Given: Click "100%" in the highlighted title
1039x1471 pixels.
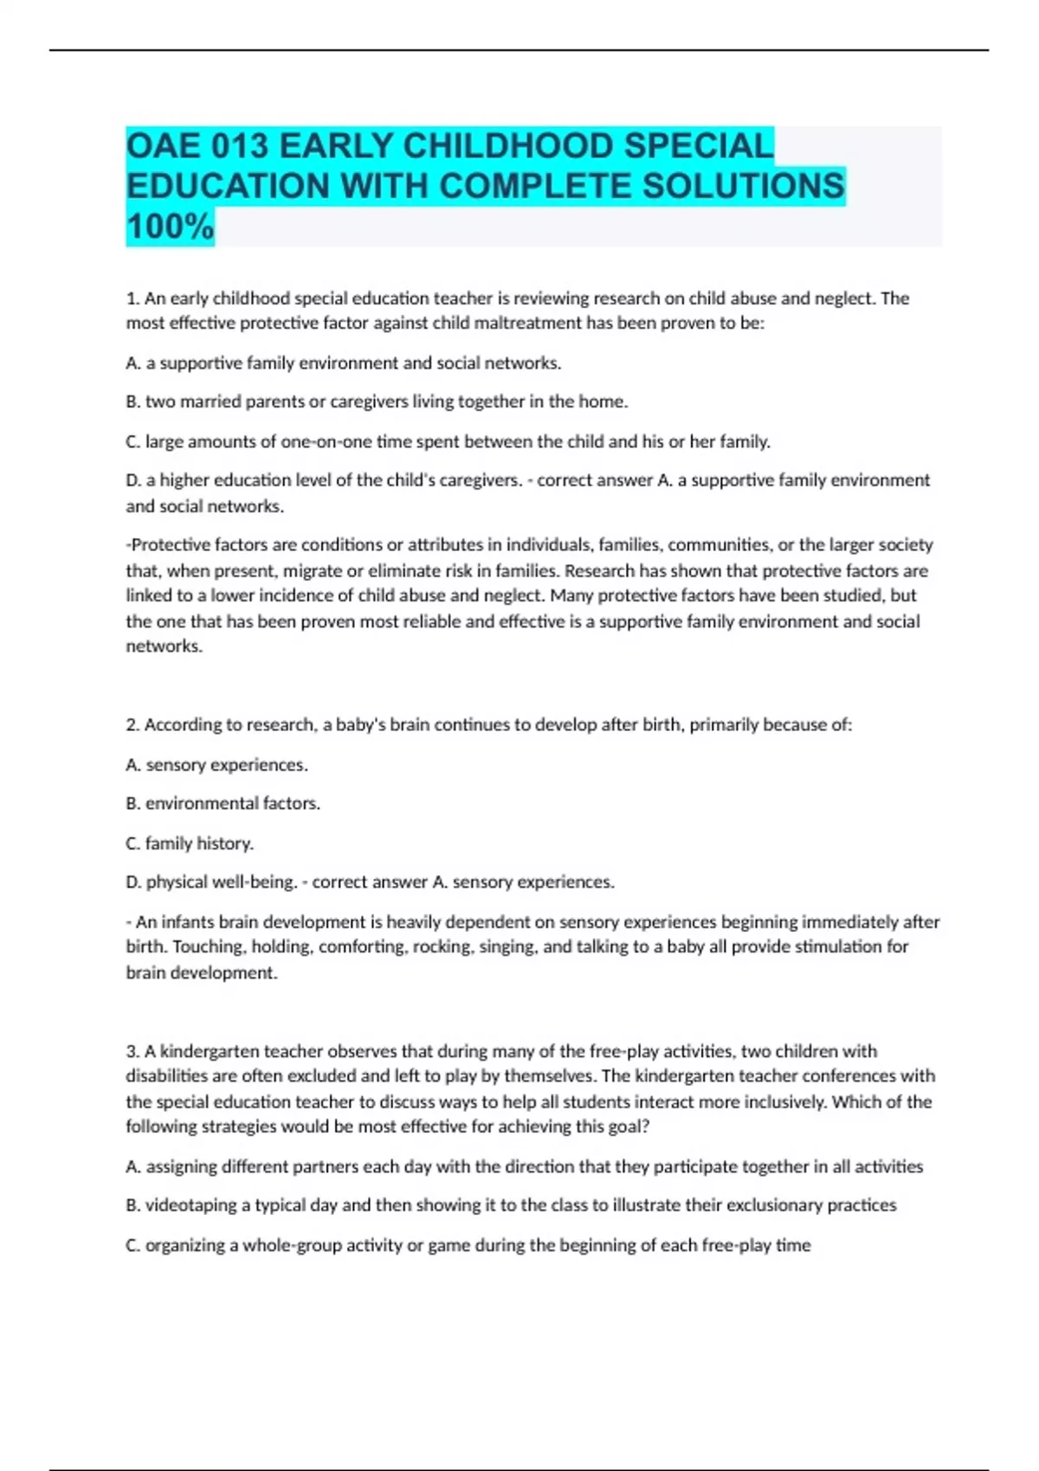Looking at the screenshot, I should click(x=170, y=227).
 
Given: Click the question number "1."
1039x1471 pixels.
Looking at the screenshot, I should click(x=133, y=299).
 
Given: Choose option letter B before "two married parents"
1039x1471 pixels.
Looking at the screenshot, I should click(x=132, y=401).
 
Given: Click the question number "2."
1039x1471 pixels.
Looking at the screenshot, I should click(x=133, y=725).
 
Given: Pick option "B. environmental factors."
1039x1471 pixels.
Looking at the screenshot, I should click(x=223, y=804).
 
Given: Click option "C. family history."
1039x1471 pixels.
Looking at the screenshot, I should click(x=190, y=843).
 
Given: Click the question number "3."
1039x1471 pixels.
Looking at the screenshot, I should click(x=133, y=1051).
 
